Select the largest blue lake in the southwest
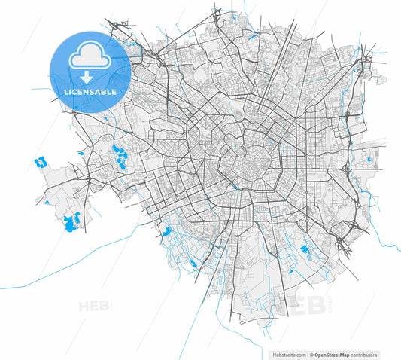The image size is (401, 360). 72,222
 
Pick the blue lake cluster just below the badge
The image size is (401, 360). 119,155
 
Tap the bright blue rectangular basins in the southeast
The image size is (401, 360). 305,249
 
